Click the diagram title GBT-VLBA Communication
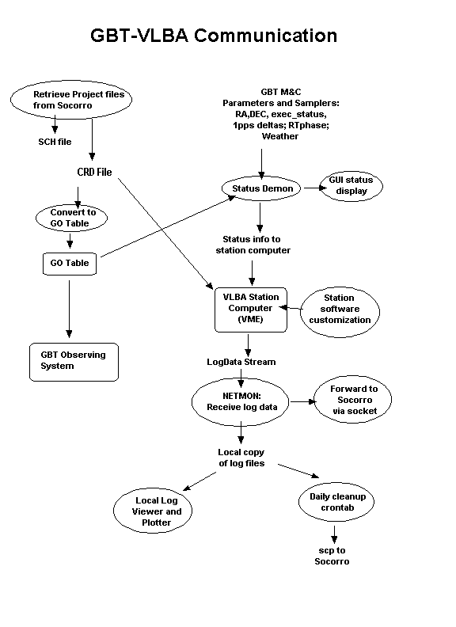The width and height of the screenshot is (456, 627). (x=214, y=36)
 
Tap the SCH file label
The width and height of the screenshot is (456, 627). (x=55, y=142)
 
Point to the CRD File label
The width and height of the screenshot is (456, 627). (x=94, y=172)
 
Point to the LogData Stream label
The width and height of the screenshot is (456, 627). (x=241, y=362)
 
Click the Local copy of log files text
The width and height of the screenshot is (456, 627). (x=241, y=458)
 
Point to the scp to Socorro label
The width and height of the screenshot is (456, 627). (x=332, y=556)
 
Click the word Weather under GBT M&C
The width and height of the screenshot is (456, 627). (x=280, y=136)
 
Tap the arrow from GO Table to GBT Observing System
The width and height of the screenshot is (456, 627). (x=69, y=309)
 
